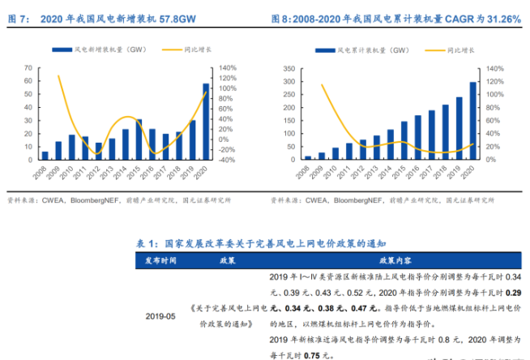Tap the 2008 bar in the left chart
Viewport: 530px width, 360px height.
[x=45, y=155]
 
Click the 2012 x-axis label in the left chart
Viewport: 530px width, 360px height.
[x=97, y=174]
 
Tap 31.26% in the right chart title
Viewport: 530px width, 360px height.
[x=500, y=18]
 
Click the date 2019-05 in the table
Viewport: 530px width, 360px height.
[x=160, y=315]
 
